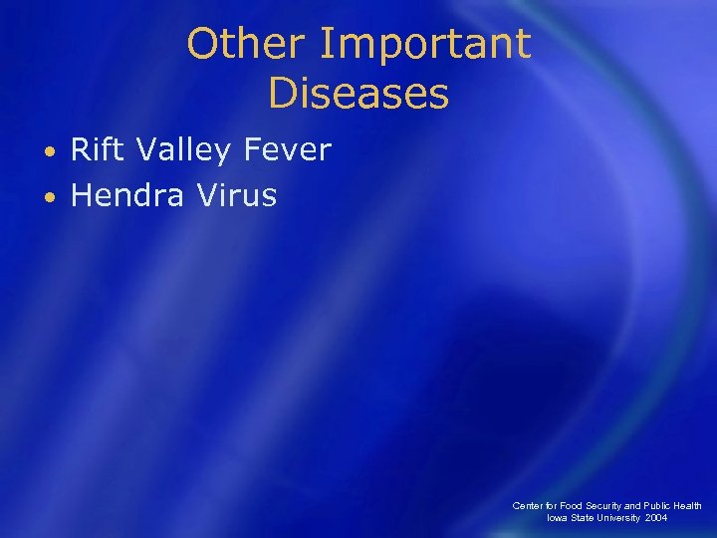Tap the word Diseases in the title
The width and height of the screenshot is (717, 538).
tap(358, 95)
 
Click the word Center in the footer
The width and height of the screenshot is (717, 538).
tap(528, 506)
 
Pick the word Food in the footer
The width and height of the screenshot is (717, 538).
tap(572, 506)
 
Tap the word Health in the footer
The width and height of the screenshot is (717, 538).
tap(688, 506)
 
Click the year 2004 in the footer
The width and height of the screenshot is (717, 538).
tap(656, 518)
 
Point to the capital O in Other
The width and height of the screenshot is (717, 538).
tap(201, 44)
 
